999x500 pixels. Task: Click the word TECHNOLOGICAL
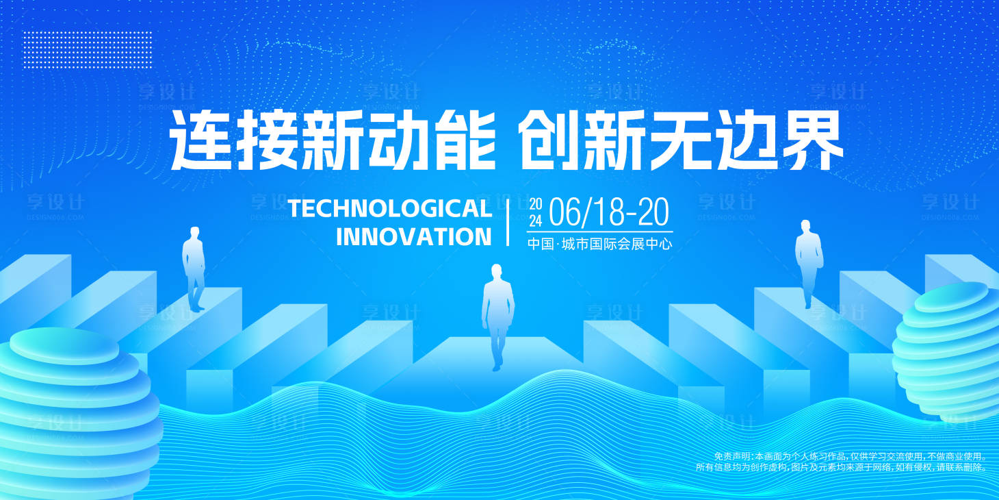[x=389, y=208]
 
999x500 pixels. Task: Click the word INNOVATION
[x=413, y=237]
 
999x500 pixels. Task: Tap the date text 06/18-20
[x=608, y=212]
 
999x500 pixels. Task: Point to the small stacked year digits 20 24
[x=536, y=212]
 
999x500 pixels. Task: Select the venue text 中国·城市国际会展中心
[x=599, y=243]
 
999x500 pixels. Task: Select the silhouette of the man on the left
[x=194, y=267]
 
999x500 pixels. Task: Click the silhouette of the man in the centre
[x=497, y=315]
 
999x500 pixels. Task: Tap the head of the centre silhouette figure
[x=497, y=271]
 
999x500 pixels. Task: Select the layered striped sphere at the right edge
[x=951, y=349]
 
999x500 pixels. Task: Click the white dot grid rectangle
[x=75, y=49]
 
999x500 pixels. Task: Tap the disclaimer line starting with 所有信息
[x=842, y=467]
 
